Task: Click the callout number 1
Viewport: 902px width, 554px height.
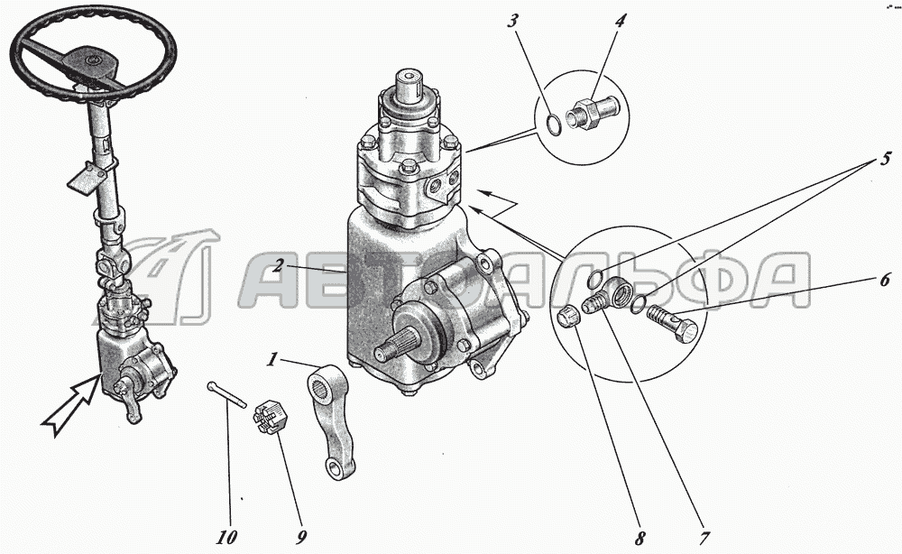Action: click(271, 360)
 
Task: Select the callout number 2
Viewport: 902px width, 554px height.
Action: click(278, 266)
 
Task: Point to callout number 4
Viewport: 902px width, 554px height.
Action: click(619, 22)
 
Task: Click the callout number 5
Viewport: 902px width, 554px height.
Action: click(886, 158)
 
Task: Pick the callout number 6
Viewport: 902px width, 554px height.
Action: click(884, 281)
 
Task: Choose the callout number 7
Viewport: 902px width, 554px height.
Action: click(704, 539)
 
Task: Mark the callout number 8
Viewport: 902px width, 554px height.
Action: click(640, 539)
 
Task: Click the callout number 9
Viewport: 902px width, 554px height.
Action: click(301, 538)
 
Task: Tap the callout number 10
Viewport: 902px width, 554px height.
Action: click(226, 538)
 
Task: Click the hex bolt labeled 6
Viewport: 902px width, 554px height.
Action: click(672, 322)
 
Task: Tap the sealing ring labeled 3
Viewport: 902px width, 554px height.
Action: click(551, 125)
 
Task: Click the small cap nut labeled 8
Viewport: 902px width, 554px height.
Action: click(568, 318)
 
